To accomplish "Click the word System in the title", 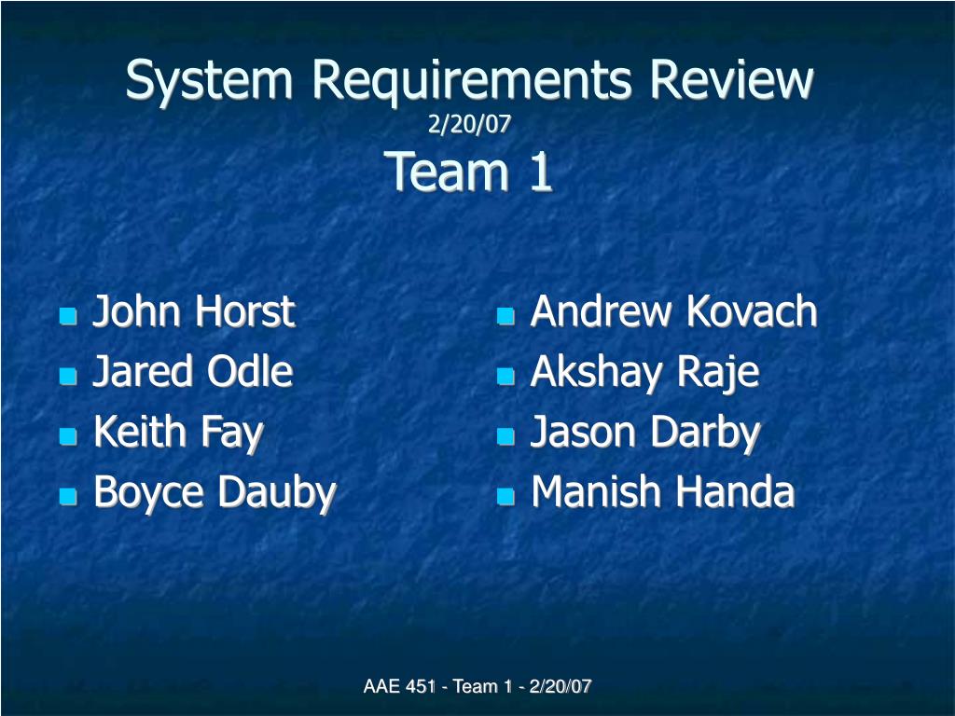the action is click(209, 81).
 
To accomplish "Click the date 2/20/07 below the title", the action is click(469, 124).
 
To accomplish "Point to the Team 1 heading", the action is click(468, 172).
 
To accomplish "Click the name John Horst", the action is click(194, 311).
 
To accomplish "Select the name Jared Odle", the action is click(193, 371).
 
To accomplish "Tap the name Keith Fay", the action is click(178, 433).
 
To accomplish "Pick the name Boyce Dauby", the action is click(215, 493).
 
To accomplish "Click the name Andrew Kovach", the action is click(673, 311).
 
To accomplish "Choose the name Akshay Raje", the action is click(645, 372).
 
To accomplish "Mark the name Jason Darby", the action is click(645, 433).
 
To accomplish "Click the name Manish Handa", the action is click(663, 491).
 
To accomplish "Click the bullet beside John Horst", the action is click(68, 316).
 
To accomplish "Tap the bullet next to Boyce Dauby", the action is click(68, 497).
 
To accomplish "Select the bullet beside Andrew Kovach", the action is click(505, 316).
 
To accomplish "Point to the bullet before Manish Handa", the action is click(505, 497).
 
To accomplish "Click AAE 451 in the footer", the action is click(399, 686).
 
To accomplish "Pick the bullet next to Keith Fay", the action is click(68, 436).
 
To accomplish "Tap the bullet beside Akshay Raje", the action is click(505, 377).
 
